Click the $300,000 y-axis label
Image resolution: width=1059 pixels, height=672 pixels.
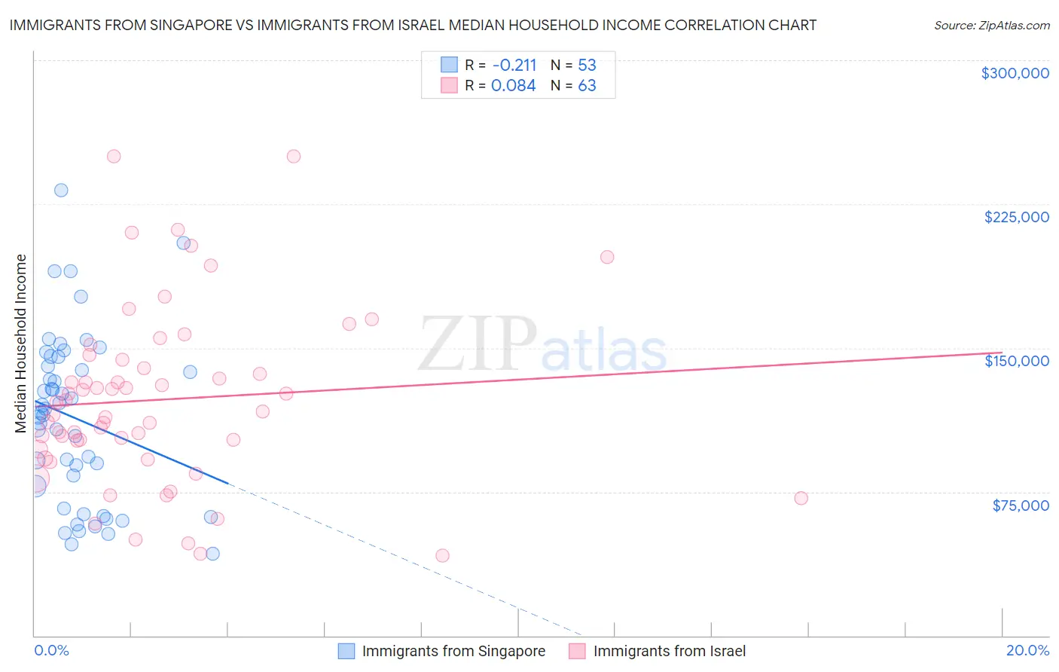point(1015,73)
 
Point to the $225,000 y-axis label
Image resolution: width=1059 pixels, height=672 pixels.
point(1016,217)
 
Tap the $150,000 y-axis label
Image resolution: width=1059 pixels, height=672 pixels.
point(1016,361)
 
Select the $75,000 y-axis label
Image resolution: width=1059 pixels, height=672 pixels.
point(1020,506)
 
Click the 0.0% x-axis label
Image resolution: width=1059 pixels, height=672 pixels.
point(51,650)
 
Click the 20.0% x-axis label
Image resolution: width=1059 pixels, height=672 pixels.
point(1027,650)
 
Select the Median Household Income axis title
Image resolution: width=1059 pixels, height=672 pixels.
point(21,344)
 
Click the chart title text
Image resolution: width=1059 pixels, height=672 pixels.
point(413,25)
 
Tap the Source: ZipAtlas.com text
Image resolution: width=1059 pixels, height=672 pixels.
point(991,25)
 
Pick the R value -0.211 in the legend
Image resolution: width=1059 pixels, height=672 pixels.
point(514,65)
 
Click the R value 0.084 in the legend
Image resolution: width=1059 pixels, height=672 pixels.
point(513,85)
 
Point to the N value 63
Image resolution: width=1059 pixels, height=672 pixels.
point(587,85)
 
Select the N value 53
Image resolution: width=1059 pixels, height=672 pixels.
point(587,65)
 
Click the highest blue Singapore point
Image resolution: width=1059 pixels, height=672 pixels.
point(61,190)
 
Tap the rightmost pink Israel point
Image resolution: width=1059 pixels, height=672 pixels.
point(801,498)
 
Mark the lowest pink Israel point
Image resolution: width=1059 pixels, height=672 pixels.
point(442,555)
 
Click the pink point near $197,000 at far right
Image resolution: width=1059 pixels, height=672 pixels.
point(607,257)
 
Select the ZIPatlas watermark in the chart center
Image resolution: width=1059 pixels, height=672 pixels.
point(542,345)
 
